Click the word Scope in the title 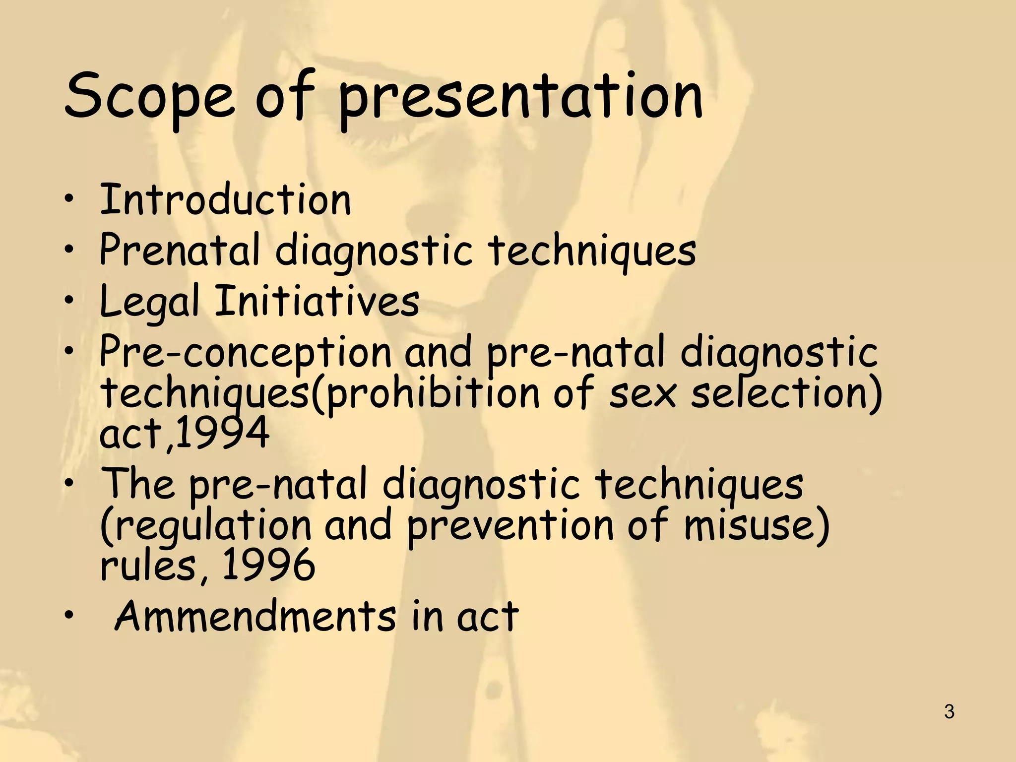(149, 97)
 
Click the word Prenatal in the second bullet (179, 250)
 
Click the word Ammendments (255, 616)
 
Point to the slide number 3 (949, 712)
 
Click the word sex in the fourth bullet (642, 393)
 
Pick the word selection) (786, 393)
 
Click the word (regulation (206, 527)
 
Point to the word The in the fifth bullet (138, 483)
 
